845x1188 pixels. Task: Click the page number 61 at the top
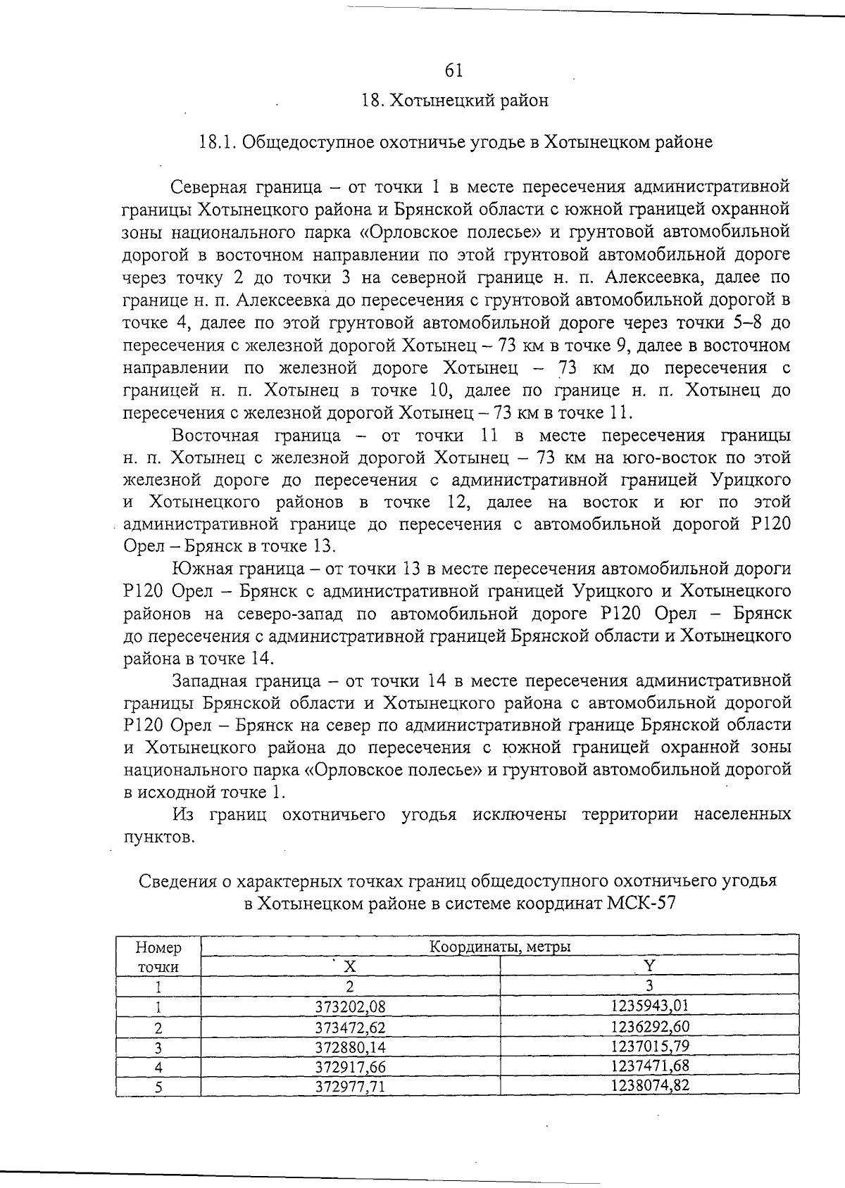453,70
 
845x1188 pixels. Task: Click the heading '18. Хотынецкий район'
454,101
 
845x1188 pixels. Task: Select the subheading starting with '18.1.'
456,142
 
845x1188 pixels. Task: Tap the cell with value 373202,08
350,1005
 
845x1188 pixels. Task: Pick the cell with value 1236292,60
649,1025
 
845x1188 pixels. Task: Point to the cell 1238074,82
649,1085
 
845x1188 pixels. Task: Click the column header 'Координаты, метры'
499,947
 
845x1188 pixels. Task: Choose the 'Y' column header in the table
649,965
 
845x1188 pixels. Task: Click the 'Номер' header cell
158,948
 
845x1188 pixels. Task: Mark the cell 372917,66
350,1066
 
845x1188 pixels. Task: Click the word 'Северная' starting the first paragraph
208,187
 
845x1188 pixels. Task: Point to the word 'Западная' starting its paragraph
209,681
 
